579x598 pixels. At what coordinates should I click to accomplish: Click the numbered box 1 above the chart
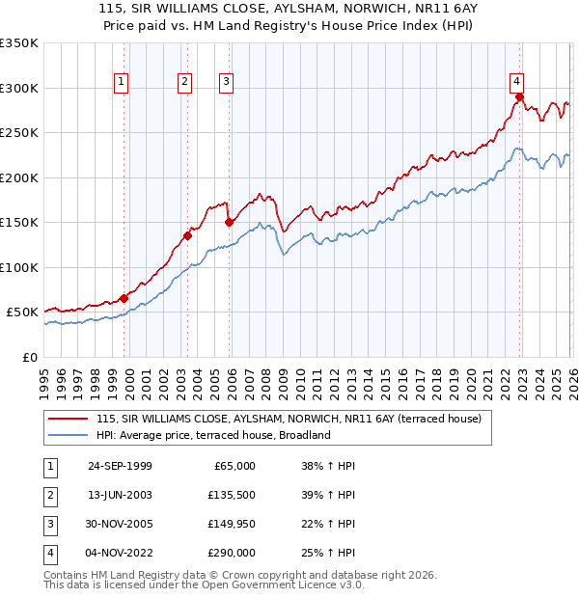click(x=122, y=83)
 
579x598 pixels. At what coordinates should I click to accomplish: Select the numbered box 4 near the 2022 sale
click(x=517, y=81)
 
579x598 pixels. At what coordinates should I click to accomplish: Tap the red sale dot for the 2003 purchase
click(x=187, y=235)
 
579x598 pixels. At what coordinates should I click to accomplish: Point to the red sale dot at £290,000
click(x=519, y=96)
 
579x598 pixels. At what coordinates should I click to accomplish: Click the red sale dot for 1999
click(x=124, y=298)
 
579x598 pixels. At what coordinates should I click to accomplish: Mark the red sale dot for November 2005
click(x=229, y=222)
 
